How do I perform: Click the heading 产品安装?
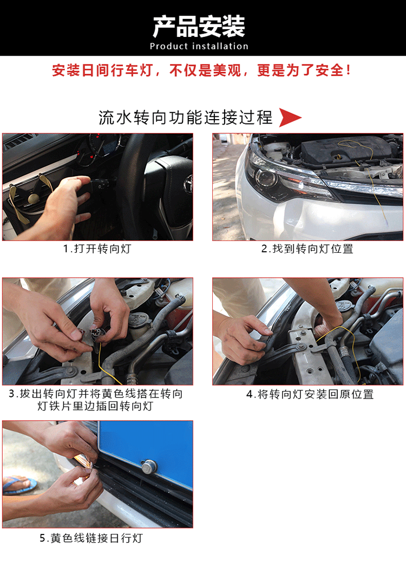199,27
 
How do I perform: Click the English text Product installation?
199,47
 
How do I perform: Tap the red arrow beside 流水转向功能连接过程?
290,117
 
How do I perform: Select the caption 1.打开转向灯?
97,249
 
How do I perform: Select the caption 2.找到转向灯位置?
307,249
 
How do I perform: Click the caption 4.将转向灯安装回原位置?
310,394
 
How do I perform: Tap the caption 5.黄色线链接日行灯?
91,538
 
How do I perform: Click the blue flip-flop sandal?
19,485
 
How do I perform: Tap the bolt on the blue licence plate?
148,467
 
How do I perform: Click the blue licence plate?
146,453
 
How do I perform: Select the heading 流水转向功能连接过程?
186,117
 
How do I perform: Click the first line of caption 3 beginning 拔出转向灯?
96,394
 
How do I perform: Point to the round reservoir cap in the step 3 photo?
140,321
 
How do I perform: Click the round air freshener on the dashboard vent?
34,198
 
